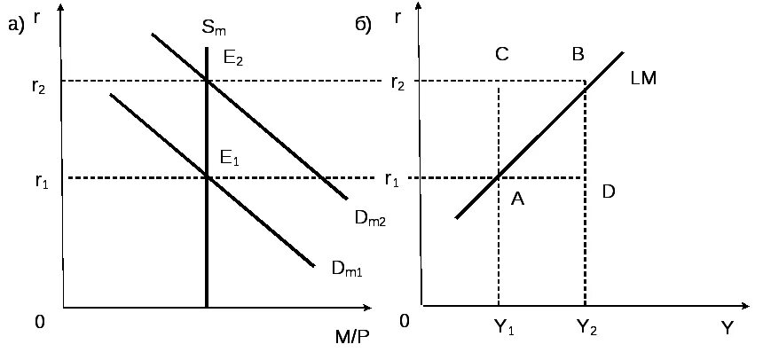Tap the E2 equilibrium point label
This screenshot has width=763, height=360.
tap(232, 60)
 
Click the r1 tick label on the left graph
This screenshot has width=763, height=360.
tap(42, 182)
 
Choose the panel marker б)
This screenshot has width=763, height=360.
tap(363, 27)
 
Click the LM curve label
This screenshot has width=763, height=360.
tap(643, 79)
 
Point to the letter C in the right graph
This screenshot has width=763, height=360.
tap(501, 55)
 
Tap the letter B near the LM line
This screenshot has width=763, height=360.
tap(578, 55)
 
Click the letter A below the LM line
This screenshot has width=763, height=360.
tap(518, 200)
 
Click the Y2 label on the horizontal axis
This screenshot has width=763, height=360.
tap(586, 328)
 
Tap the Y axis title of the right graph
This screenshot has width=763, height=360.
tap(727, 328)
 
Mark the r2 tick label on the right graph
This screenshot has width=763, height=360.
tap(398, 83)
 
